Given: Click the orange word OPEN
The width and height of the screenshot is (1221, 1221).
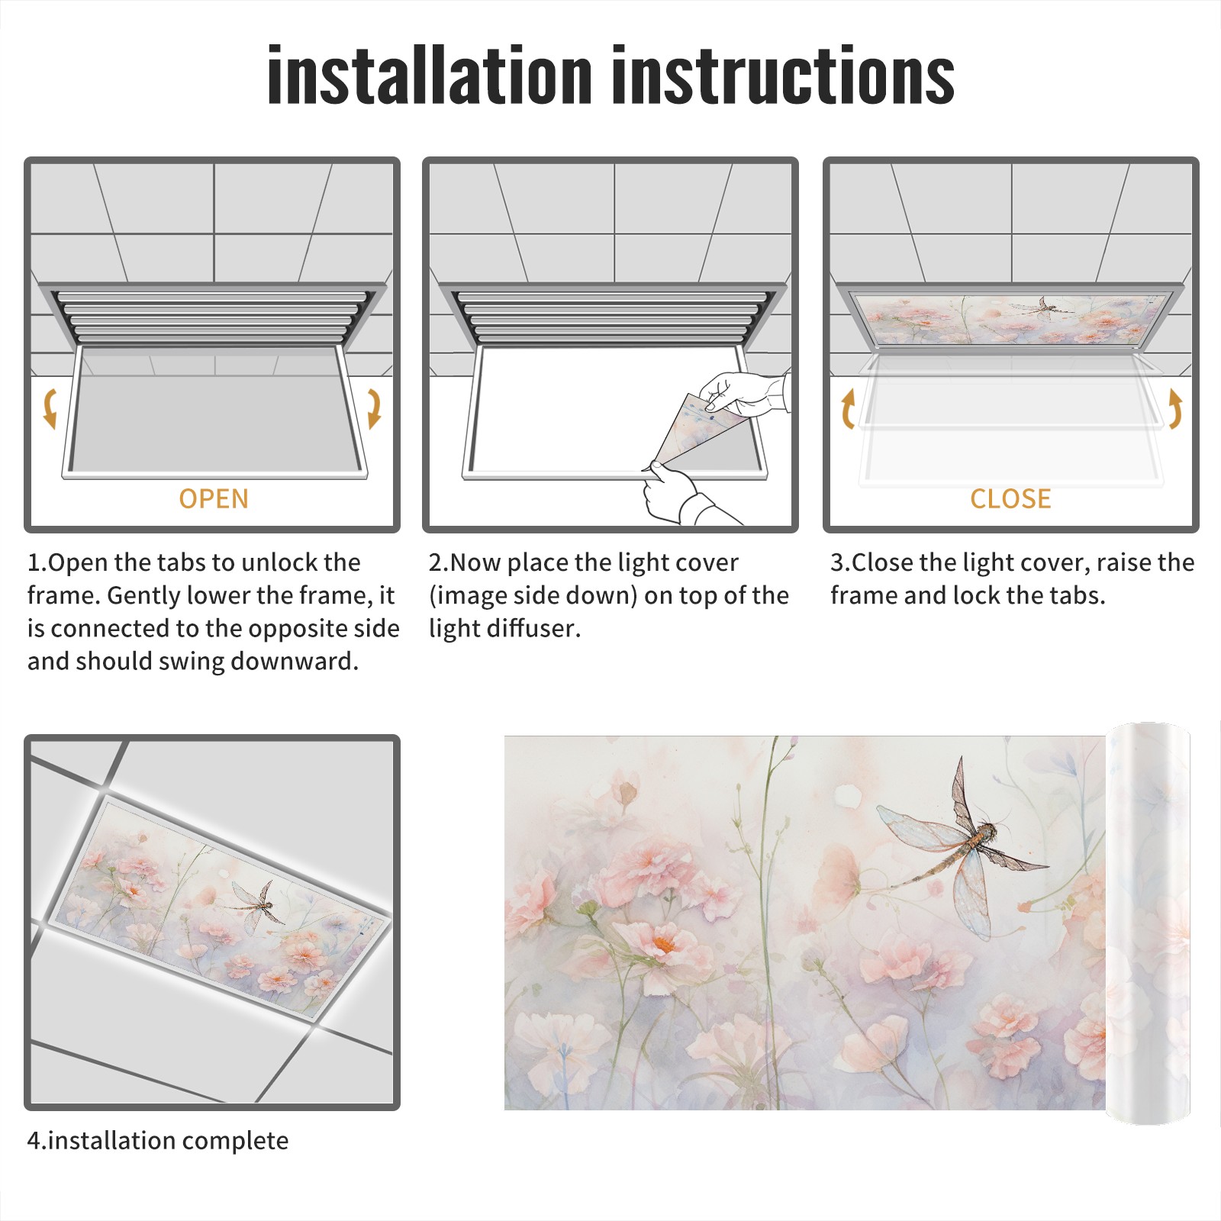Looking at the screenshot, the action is pos(214,498).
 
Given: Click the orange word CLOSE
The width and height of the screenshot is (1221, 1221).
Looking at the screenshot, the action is pos(1010,498).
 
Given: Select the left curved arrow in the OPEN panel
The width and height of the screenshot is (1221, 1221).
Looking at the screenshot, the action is pos(50,408).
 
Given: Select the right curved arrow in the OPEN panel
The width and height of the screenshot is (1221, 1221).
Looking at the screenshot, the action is pos(374,408).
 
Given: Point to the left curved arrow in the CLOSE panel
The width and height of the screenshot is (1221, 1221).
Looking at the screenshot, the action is pos(848,408).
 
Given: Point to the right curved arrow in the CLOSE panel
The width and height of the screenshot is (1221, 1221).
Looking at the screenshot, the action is pos(1175,408).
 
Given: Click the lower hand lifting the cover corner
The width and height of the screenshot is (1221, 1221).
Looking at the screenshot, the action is pos(683,494).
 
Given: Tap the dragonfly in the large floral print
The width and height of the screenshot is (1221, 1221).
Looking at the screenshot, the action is pos(962,849).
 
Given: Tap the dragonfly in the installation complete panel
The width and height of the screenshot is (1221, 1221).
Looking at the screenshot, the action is pos(255,905).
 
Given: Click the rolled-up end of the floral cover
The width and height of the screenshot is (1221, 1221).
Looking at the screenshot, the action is pos(1148,923).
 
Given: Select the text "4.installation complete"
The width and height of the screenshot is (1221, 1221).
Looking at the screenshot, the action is pos(158,1140).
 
